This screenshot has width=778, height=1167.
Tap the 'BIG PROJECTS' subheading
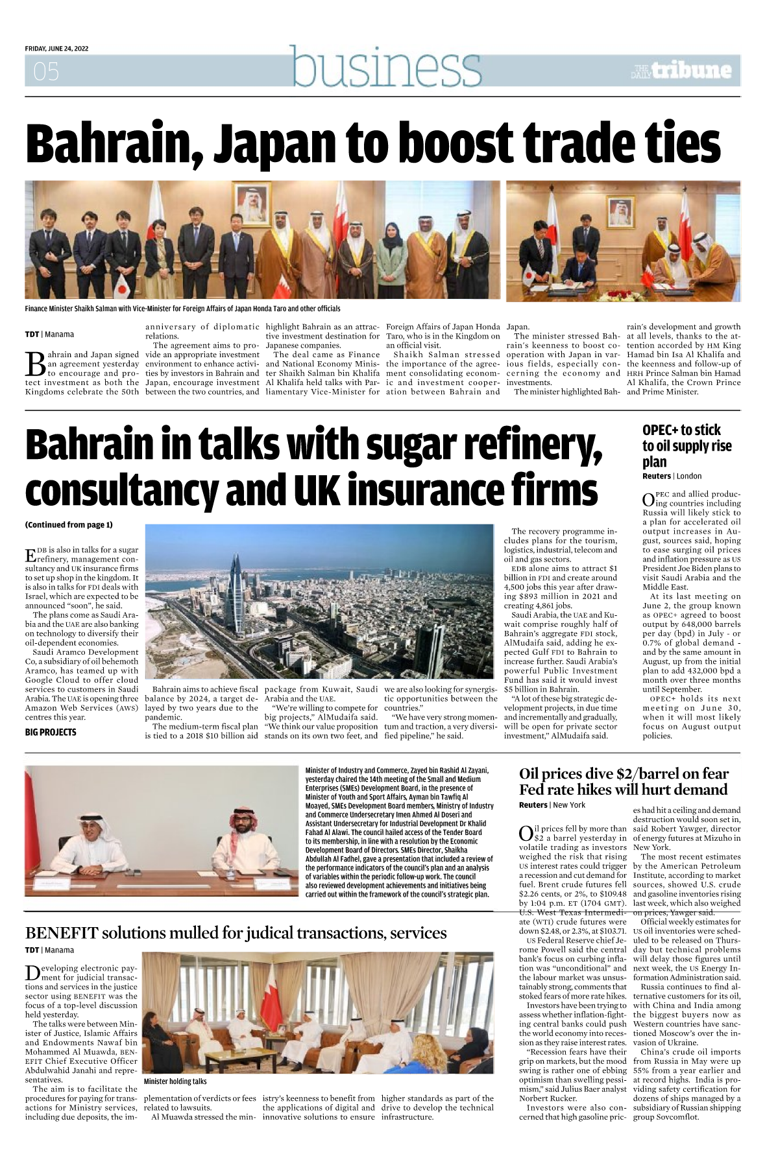[x=51, y=732]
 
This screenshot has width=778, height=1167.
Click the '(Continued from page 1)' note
[x=68, y=525]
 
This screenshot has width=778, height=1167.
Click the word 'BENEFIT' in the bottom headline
[x=62, y=933]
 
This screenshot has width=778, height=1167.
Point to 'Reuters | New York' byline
[x=552, y=805]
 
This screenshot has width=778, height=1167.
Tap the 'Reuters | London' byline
[x=672, y=476]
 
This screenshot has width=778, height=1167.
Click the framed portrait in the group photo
[x=252, y=204]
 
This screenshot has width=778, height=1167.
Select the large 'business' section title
[x=386, y=67]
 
